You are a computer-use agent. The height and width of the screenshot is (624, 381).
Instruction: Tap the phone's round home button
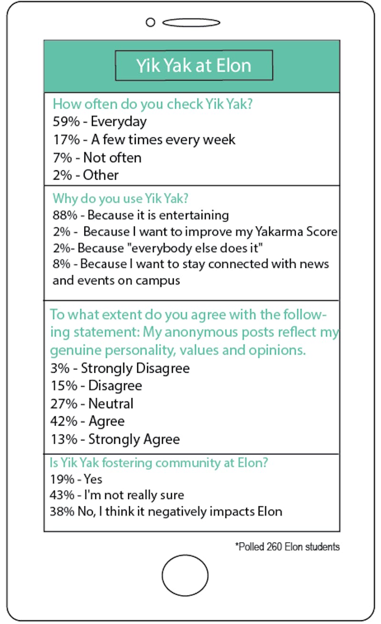[x=185, y=575]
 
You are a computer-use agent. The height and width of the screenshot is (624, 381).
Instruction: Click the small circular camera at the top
[x=150, y=22]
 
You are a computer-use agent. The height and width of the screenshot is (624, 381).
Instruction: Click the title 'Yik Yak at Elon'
[x=194, y=65]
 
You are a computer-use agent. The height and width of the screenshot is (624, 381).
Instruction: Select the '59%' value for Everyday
[x=63, y=122]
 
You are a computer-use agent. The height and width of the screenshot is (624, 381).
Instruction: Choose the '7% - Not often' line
[x=97, y=157]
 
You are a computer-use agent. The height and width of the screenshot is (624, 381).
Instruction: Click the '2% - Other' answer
[x=85, y=175]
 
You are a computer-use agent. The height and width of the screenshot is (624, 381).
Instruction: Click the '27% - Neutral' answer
[x=91, y=404]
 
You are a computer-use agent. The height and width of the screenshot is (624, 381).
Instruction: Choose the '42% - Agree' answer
[x=87, y=421]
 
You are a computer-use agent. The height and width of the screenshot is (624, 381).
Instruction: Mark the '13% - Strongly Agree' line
[x=115, y=439]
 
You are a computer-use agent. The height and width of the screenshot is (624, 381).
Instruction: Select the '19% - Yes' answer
[x=76, y=480]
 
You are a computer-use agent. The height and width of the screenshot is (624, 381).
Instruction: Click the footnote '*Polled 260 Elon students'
[x=287, y=547]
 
